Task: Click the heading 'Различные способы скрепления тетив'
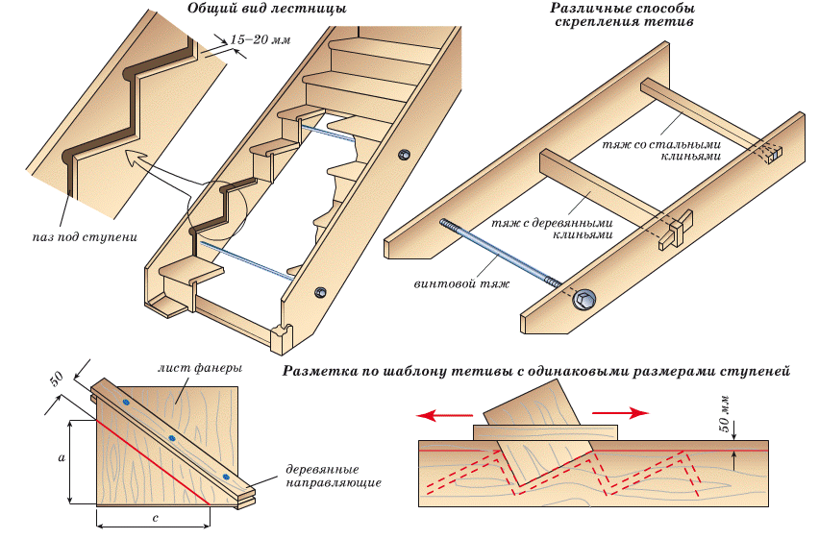point(624,14)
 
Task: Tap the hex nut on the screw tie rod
point(583,301)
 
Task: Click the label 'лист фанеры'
point(200,369)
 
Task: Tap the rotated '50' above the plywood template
point(57,377)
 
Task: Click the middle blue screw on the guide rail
point(172,439)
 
